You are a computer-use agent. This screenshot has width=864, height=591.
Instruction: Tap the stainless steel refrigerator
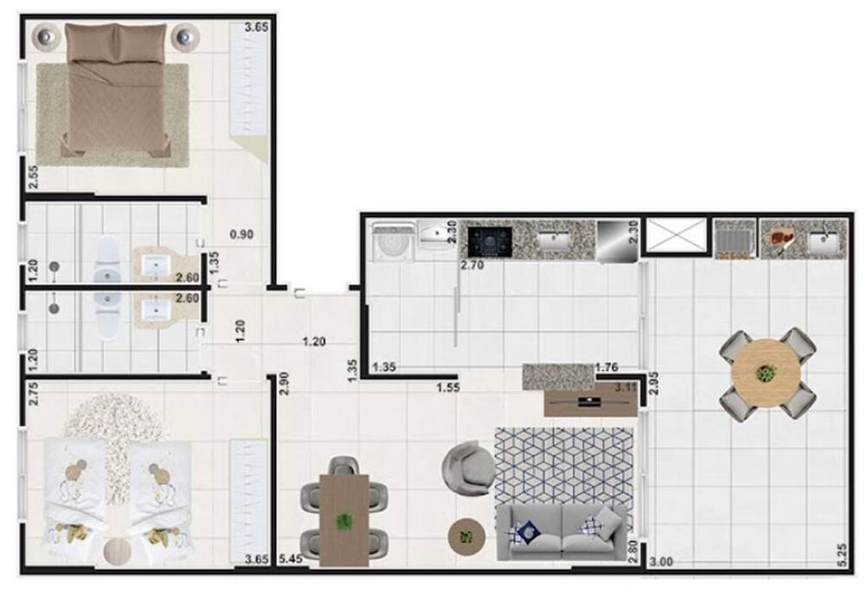click(x=616, y=242)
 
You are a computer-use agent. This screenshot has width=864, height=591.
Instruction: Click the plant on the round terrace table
click(x=766, y=373)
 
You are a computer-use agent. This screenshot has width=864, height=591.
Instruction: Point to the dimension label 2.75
click(x=32, y=393)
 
